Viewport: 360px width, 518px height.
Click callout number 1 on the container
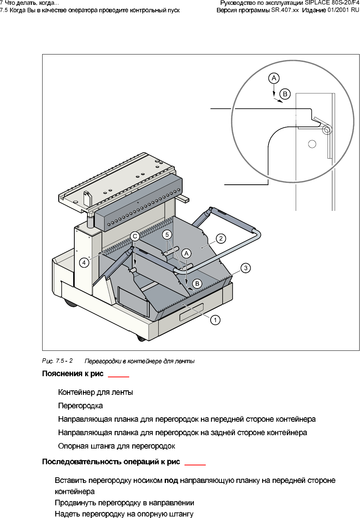coord(215,320)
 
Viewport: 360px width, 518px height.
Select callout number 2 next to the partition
coord(221,238)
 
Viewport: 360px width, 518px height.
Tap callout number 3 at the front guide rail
coord(246,268)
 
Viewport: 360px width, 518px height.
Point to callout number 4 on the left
coord(84,263)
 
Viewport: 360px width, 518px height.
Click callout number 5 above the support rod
coord(167,235)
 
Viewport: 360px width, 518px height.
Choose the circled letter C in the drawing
coord(135,236)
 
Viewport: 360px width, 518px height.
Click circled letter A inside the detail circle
coord(274,78)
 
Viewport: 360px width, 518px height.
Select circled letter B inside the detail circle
coord(285,94)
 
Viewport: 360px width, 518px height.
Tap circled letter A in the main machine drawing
coord(187,253)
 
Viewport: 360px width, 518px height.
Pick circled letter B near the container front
coord(197,284)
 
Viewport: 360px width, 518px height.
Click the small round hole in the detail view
coord(312,144)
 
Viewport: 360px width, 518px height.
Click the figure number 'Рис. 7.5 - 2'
coord(58,361)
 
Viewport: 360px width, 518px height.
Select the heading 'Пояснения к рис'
coord(73,374)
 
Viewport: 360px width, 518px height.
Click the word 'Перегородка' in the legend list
coord(80,406)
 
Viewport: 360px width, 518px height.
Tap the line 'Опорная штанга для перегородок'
coord(117,446)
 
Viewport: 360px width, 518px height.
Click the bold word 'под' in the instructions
coord(171,480)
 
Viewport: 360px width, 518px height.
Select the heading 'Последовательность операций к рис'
coord(111,462)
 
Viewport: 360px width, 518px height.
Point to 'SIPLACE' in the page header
coord(317,3)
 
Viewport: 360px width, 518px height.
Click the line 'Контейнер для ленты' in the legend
coord(96,392)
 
